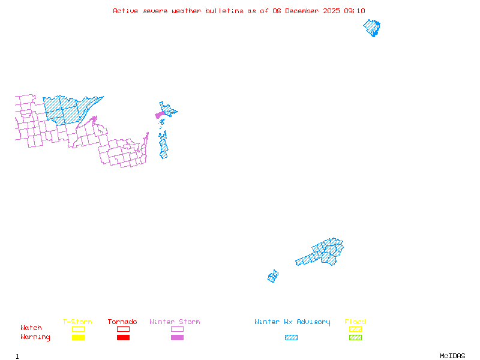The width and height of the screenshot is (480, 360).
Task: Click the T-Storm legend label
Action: (77, 322)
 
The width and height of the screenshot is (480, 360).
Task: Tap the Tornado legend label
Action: (122, 322)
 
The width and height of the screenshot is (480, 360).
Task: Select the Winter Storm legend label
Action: (175, 322)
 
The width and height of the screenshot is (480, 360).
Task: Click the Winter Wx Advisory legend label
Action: (292, 322)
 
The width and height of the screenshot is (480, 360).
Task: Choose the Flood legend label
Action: (355, 322)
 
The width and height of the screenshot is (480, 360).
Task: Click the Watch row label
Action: (31, 328)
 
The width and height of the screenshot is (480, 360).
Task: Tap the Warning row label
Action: (35, 337)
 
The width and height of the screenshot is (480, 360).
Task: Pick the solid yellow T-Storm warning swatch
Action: (78, 338)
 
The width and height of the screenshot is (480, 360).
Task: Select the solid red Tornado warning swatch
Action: (123, 338)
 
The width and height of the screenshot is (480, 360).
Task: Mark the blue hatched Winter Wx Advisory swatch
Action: (291, 338)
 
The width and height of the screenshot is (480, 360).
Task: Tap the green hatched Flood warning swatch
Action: (355, 338)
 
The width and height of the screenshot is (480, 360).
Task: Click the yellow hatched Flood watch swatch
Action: (355, 329)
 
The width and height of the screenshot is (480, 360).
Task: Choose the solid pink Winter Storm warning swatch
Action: (177, 338)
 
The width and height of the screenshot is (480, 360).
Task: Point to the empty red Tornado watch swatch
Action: (123, 329)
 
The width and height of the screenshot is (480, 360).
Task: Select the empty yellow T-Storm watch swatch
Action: (78, 329)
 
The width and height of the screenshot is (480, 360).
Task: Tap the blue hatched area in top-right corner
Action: (373, 28)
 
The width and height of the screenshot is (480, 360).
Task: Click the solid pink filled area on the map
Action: (160, 115)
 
